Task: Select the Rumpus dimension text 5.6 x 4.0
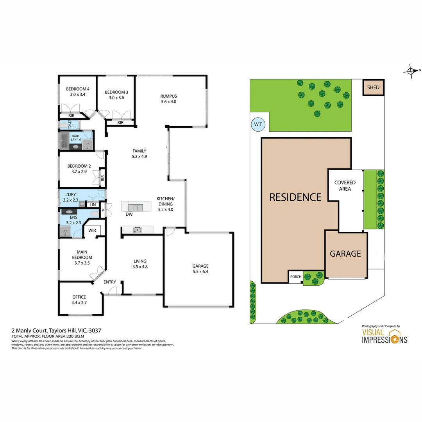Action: click(168, 102)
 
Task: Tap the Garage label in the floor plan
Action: click(200, 266)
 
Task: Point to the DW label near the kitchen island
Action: click(129, 215)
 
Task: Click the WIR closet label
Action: click(92, 231)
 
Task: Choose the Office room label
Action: click(79, 297)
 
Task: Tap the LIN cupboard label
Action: click(93, 205)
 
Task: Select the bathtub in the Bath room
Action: click(64, 139)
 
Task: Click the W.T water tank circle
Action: click(258, 125)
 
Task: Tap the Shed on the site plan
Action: click(373, 88)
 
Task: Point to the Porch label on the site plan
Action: click(296, 277)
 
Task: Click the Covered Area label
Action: click(345, 186)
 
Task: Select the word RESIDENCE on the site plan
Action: click(295, 197)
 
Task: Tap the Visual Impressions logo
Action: click(384, 336)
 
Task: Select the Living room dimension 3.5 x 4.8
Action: click(140, 267)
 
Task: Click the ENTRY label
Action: click(110, 282)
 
